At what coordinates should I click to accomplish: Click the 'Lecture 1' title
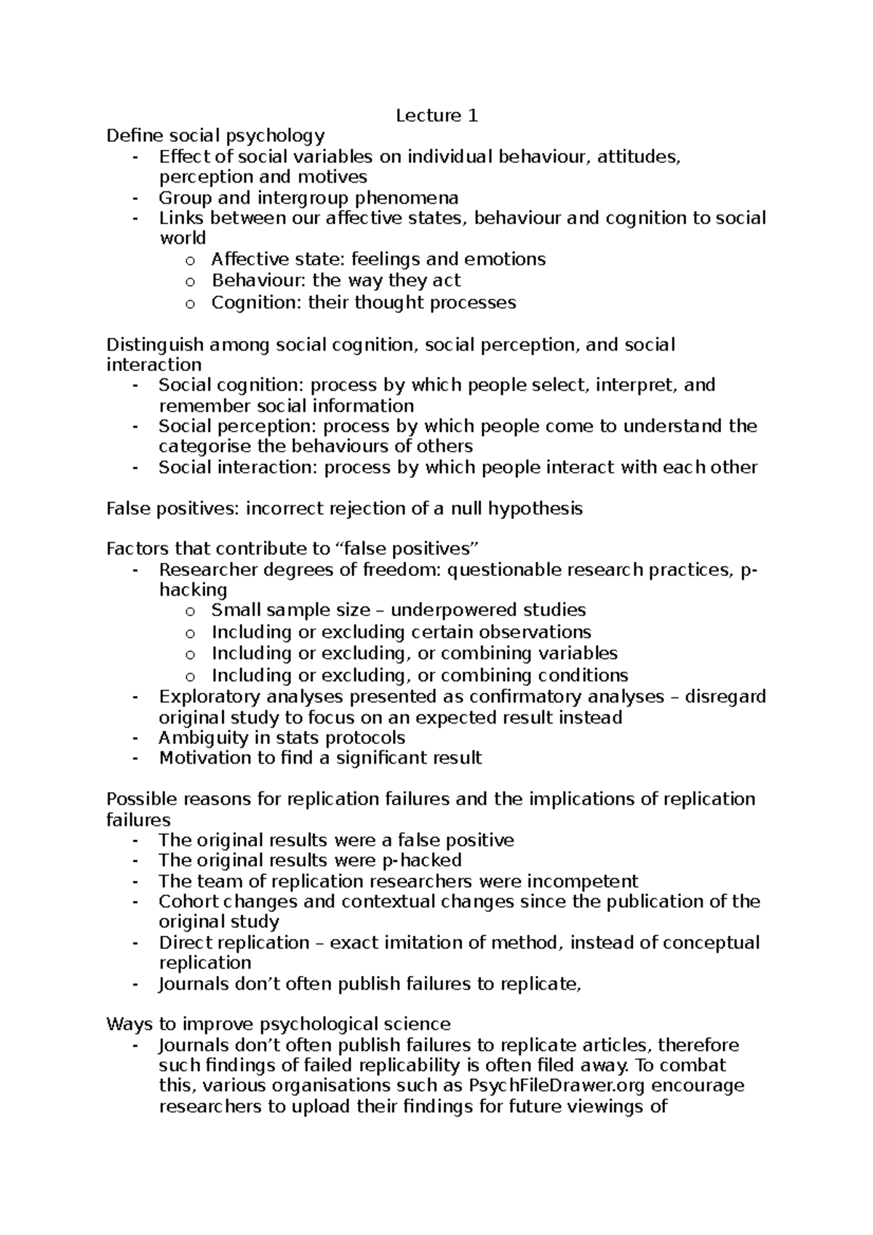pos(436,116)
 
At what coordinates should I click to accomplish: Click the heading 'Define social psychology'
pos(215,136)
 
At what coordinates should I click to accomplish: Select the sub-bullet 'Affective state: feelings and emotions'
pos(378,260)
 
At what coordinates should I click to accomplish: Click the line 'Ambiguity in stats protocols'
pos(282,738)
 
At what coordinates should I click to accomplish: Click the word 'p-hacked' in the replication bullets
pos(421,860)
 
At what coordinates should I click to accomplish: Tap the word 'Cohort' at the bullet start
pos(188,902)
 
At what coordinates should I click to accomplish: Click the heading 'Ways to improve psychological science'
pos(278,1025)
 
